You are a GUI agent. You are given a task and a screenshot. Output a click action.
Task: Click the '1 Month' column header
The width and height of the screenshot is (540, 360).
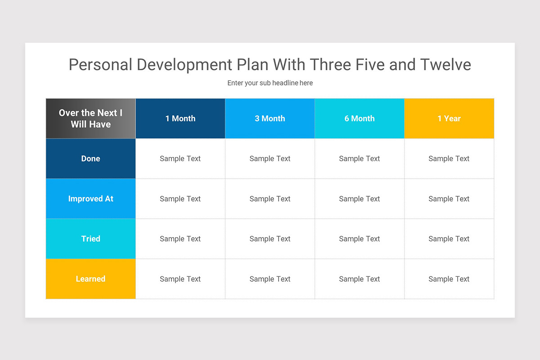coord(180,118)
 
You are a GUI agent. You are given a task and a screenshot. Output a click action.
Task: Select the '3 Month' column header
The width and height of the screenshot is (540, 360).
coord(270,118)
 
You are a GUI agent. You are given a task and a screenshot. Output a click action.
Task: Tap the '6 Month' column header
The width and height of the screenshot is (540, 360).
coord(360,118)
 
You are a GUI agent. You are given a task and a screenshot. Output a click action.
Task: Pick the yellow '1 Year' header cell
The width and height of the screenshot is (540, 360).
coord(449,118)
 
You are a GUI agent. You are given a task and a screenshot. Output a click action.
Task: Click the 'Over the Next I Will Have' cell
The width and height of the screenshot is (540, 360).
coord(90,118)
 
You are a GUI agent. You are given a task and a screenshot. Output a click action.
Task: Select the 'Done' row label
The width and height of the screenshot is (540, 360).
coord(90,158)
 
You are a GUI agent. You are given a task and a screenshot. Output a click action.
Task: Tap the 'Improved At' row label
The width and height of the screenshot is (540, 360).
coord(90,198)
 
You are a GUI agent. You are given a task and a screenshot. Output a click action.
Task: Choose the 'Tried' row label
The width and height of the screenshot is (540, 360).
coord(90,238)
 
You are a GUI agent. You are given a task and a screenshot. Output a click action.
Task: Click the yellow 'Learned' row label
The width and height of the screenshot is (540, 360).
coord(90,279)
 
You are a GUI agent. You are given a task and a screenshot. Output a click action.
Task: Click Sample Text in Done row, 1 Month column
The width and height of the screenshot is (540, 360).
coord(180,158)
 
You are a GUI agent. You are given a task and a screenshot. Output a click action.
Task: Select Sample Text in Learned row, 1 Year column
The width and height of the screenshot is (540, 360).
coord(449,279)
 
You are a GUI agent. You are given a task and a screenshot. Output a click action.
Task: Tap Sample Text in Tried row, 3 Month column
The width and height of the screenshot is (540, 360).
coord(270,238)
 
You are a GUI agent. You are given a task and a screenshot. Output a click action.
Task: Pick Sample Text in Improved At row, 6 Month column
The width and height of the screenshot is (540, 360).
coord(360,198)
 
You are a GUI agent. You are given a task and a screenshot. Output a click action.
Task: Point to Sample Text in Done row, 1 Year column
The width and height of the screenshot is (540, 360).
coord(449,158)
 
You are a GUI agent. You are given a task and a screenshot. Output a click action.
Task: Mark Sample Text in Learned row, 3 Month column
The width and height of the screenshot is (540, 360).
coord(270,279)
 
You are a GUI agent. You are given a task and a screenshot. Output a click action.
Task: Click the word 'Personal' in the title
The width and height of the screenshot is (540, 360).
coord(100,65)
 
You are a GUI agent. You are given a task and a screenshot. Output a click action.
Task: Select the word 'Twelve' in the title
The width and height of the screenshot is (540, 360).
coord(445,65)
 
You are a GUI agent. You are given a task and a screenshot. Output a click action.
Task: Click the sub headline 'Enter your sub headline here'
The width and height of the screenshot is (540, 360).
coord(270,83)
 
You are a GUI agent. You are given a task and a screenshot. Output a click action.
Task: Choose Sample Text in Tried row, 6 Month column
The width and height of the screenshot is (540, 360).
coord(360,238)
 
